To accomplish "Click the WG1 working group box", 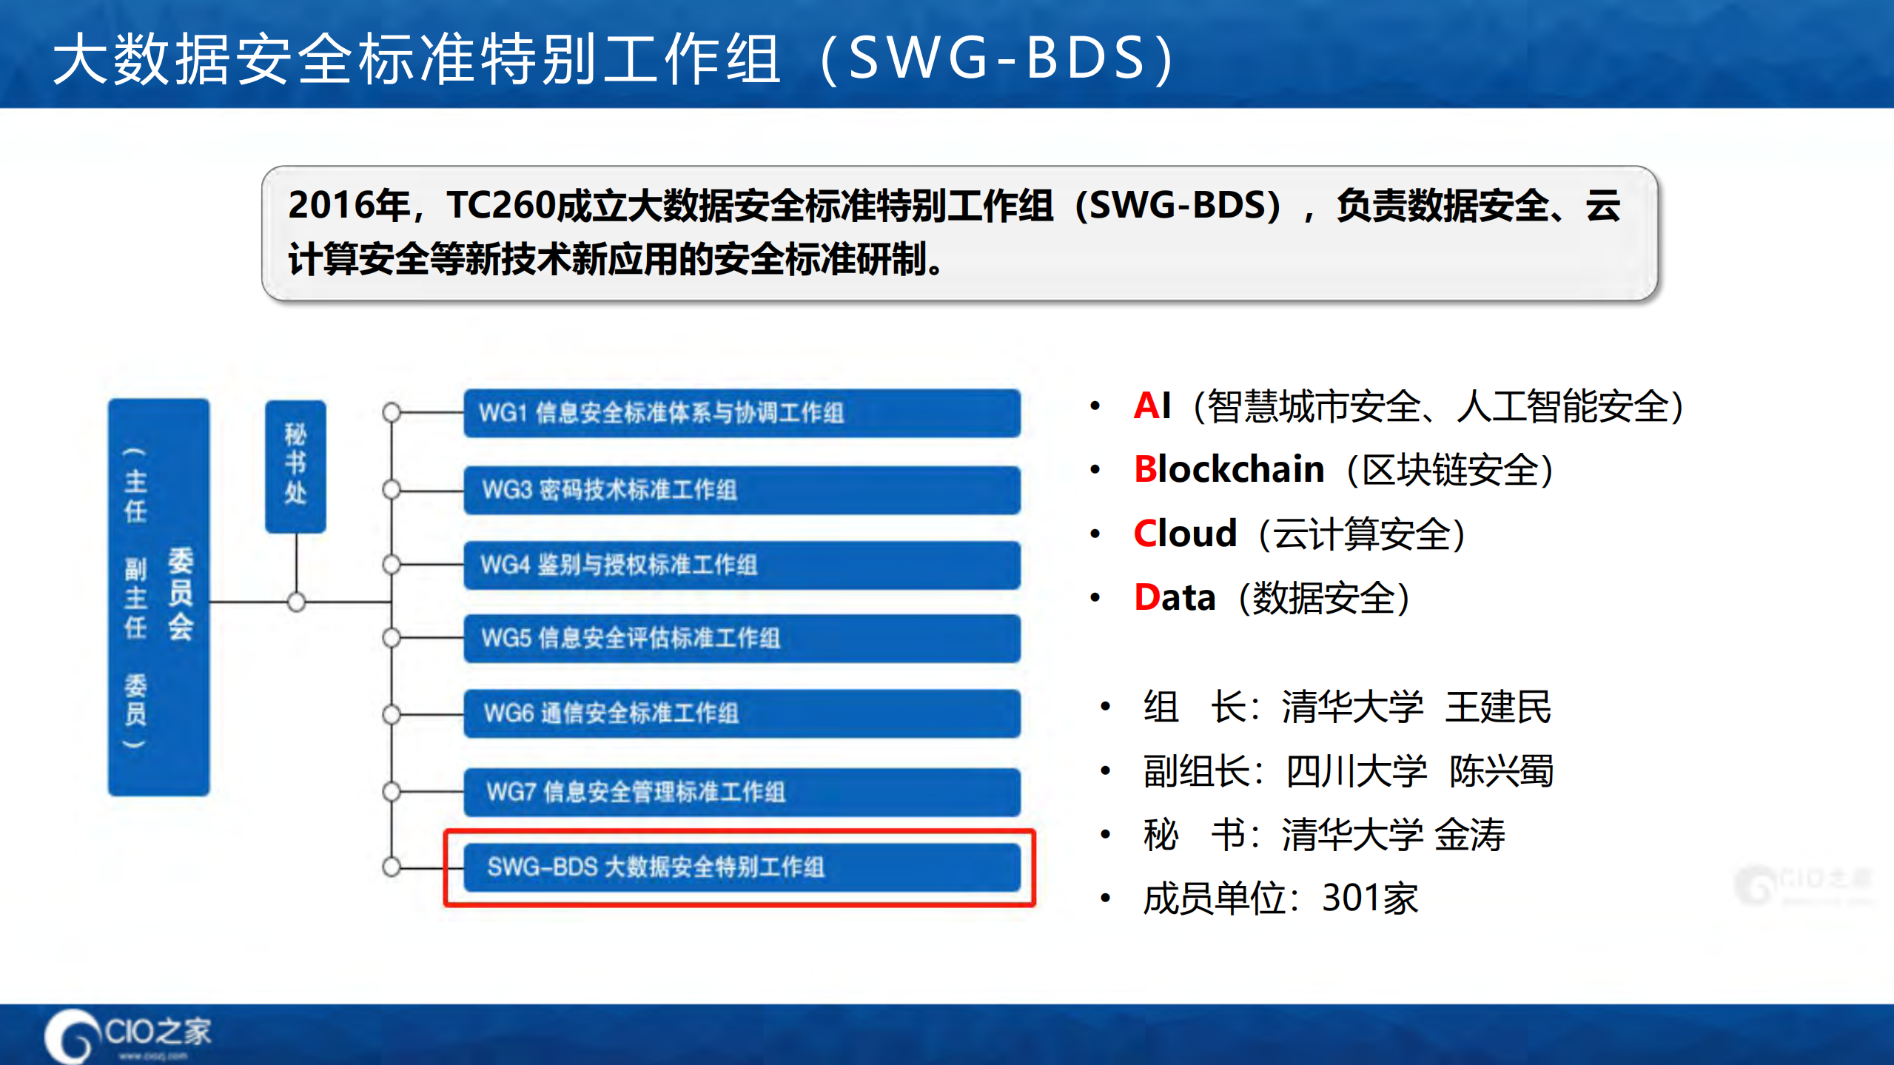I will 742,413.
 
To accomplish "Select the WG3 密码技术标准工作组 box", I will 742,490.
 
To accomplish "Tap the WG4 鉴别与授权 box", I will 742,565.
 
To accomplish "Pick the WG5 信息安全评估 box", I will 742,638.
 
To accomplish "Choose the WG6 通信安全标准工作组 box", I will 742,713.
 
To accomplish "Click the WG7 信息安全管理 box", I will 742,792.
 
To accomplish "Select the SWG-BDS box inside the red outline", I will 742,867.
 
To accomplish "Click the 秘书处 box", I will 295,466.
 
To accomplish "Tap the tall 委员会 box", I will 158,597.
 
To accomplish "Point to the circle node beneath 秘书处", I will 296,602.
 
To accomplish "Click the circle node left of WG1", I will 392,412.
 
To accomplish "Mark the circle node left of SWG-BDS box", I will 392,866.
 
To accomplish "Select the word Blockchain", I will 1229,469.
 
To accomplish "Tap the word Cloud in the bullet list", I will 1185,534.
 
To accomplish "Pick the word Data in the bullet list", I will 1175,598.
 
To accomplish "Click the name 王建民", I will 1498,707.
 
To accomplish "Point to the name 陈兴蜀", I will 1501,771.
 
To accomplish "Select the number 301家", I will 1370,898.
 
